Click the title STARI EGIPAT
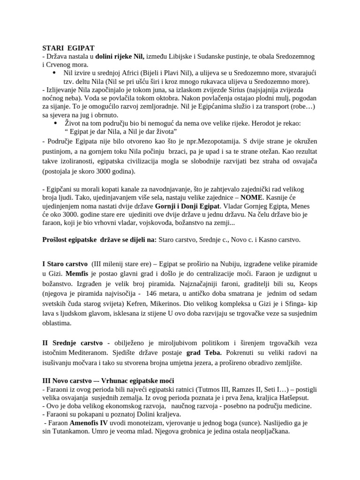tap(68, 48)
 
